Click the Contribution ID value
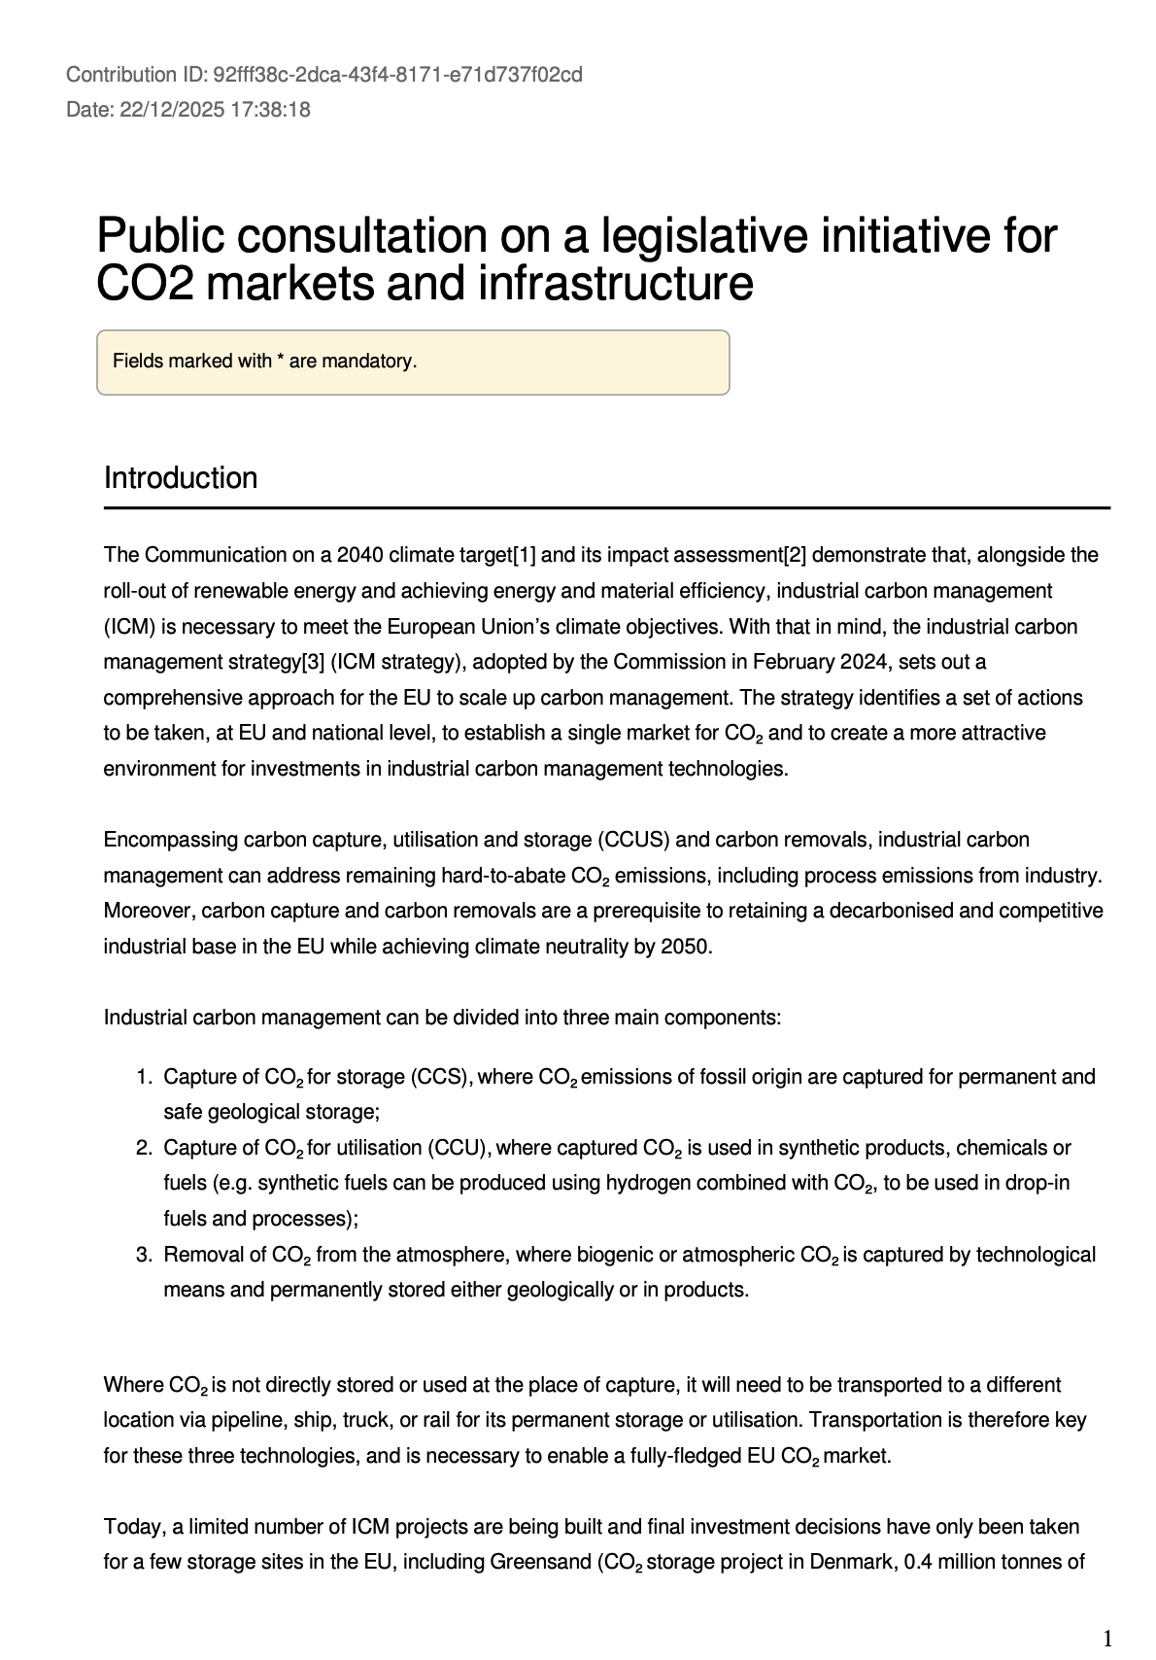tap(397, 75)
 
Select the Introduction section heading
tap(181, 478)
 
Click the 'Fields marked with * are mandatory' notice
tap(264, 362)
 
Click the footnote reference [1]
tap(524, 555)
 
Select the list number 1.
tap(144, 1077)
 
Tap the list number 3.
tap(144, 1255)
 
